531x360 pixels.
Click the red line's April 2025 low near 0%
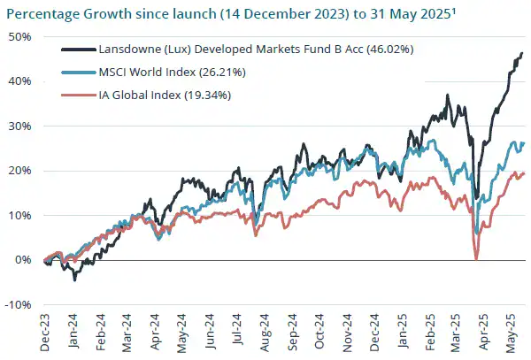[476, 258]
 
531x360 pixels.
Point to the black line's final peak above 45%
[521, 53]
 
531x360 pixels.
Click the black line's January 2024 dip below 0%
[75, 279]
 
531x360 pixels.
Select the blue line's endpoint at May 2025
[524, 143]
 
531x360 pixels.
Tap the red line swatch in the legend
[79, 95]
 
